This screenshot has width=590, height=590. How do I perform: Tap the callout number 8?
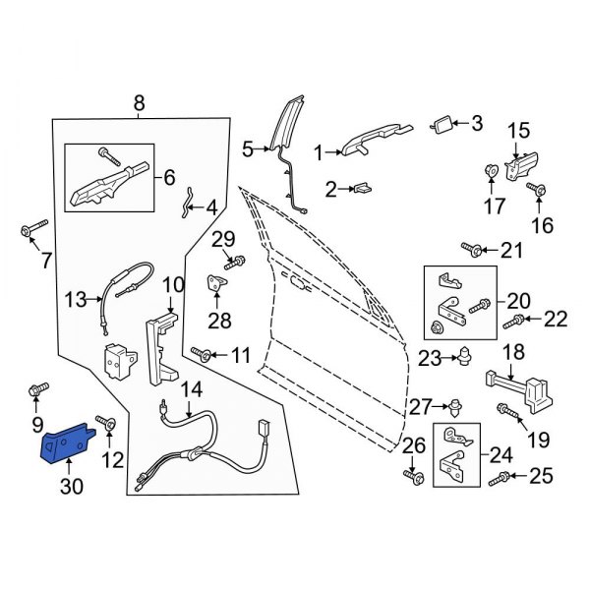138,101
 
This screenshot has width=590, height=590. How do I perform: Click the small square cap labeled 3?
442,124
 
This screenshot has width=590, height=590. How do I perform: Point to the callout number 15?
517,130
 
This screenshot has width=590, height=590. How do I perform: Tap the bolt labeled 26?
412,478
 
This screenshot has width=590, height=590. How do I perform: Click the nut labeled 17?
491,173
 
